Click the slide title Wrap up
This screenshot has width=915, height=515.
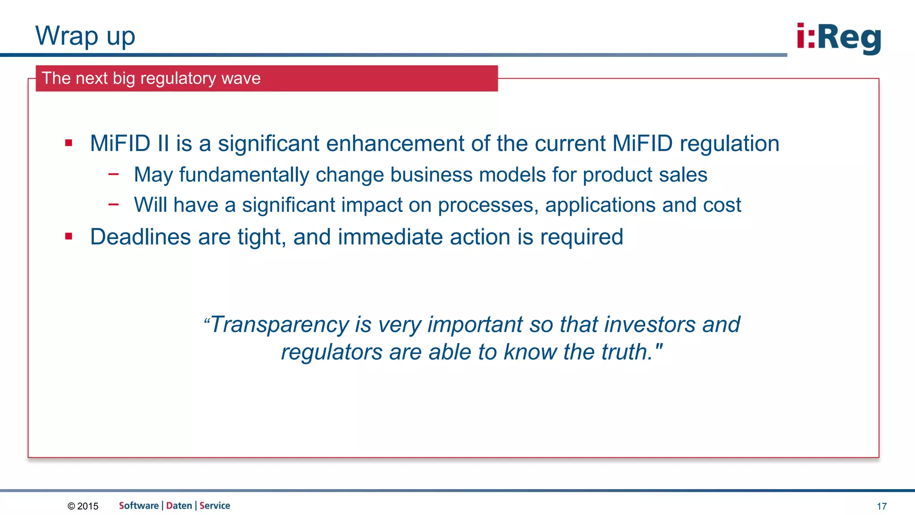tap(85, 36)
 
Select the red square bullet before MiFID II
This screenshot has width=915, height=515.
tap(68, 143)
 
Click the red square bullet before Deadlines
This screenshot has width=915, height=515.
tap(68, 236)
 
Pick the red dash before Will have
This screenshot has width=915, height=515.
tap(113, 205)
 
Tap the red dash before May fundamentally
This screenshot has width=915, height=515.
tap(113, 174)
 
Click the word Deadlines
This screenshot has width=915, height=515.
tap(140, 237)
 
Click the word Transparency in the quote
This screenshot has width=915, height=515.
tap(279, 325)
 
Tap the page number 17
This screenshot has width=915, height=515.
tap(881, 507)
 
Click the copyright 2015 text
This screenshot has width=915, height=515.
tap(83, 506)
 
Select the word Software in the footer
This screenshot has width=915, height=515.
tap(139, 506)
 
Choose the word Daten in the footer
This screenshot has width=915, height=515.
tap(179, 506)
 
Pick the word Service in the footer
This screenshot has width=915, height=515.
tap(215, 506)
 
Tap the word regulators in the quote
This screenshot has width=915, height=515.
tap(332, 352)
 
